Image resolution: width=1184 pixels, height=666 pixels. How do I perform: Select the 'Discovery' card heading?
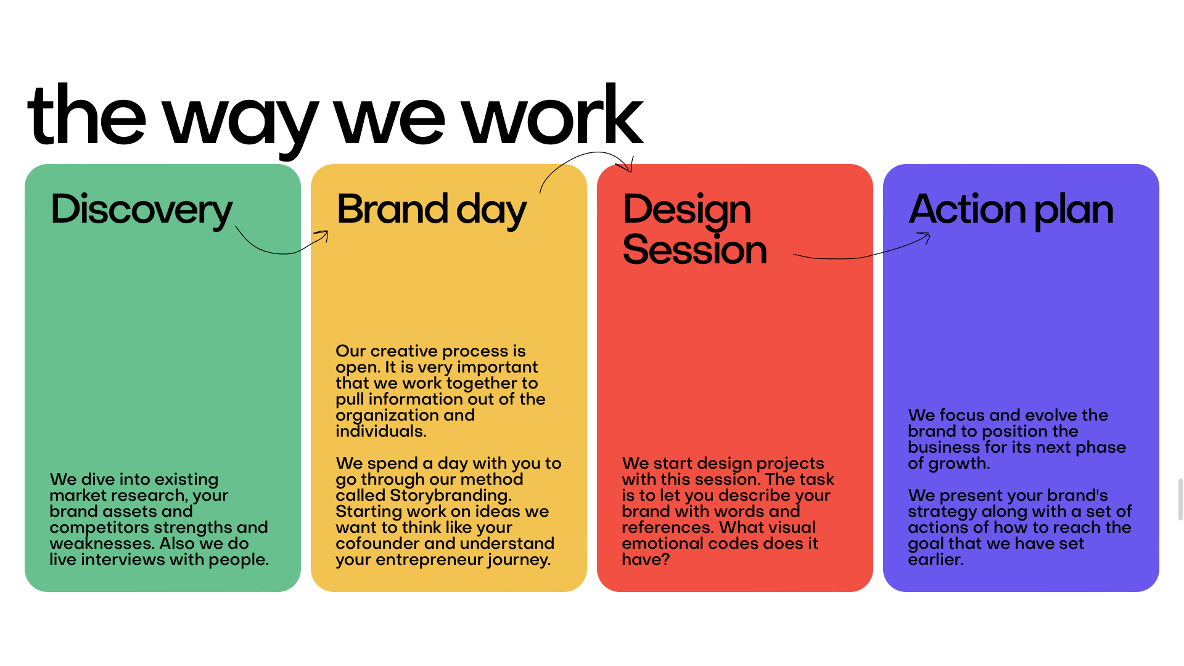click(x=141, y=210)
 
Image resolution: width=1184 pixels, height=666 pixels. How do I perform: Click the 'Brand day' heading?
click(x=432, y=210)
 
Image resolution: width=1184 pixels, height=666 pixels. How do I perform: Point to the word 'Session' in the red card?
click(x=695, y=250)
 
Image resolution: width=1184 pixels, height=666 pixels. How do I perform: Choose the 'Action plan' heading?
click(x=1011, y=210)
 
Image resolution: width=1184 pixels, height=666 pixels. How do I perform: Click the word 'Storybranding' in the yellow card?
click(x=450, y=496)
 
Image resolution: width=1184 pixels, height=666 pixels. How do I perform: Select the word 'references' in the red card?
click(x=668, y=527)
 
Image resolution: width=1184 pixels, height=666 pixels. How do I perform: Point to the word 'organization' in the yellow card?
click(x=387, y=416)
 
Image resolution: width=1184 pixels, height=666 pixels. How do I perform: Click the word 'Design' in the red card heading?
click(x=687, y=210)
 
